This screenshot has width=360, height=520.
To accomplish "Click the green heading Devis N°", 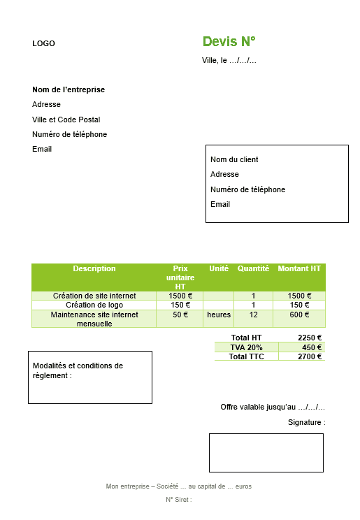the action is pyautogui.click(x=229, y=41).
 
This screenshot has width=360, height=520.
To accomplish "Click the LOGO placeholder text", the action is pyautogui.click(x=43, y=44).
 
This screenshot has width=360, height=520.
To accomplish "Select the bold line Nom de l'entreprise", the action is pyautogui.click(x=69, y=89).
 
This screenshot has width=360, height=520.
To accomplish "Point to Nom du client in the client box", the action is pyautogui.click(x=234, y=159).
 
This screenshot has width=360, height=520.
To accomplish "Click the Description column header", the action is pyautogui.click(x=94, y=269).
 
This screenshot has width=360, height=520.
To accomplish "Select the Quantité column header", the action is pyautogui.click(x=253, y=269).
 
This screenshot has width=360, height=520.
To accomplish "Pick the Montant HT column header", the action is pyautogui.click(x=299, y=269).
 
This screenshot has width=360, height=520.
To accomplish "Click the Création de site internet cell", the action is pyautogui.click(x=94, y=296).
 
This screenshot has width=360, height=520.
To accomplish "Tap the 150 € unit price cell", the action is pyautogui.click(x=180, y=305).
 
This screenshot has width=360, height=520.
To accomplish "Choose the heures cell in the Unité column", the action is pyautogui.click(x=218, y=315).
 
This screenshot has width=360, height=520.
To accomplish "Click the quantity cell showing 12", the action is pyautogui.click(x=253, y=315).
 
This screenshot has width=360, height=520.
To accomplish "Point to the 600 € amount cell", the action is pyautogui.click(x=299, y=315).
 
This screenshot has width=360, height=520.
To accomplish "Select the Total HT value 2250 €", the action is pyautogui.click(x=310, y=338).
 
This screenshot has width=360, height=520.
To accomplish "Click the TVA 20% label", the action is pyautogui.click(x=246, y=347).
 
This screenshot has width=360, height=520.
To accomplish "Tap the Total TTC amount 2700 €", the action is pyautogui.click(x=310, y=356).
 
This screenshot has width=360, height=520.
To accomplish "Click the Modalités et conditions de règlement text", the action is pyautogui.click(x=78, y=370).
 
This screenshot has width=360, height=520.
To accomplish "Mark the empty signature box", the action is pyautogui.click(x=266, y=452).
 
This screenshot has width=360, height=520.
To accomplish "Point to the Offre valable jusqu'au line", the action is pyautogui.click(x=273, y=407).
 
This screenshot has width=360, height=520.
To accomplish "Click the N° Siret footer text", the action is pyautogui.click(x=179, y=500).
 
